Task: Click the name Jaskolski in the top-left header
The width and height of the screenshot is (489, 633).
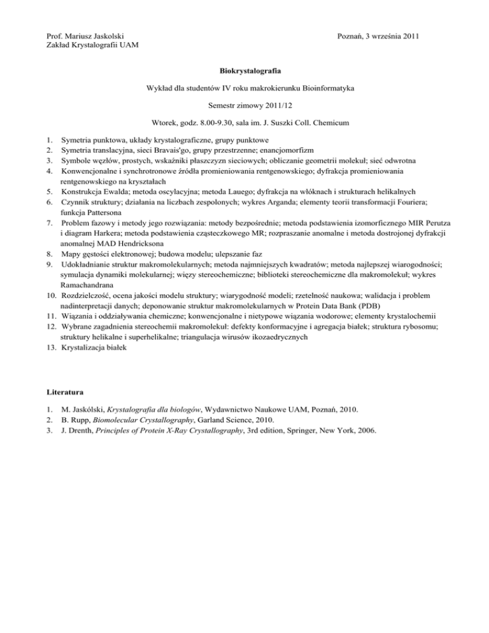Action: (105, 34)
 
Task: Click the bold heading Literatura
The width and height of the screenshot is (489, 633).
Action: (66, 390)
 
